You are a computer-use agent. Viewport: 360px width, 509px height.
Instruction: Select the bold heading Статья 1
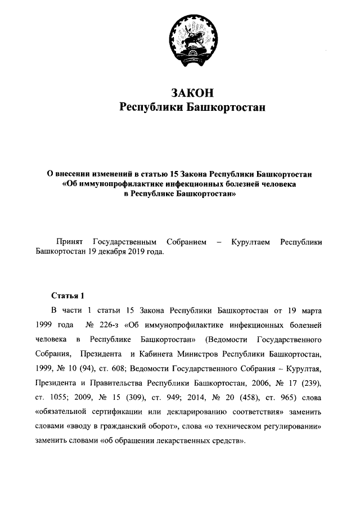click(67, 295)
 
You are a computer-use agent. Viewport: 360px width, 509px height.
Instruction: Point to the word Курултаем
click(251, 242)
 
